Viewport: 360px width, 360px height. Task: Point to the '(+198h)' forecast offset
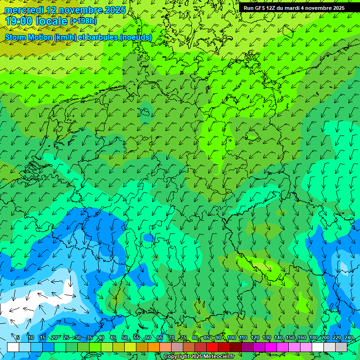[x=83, y=21]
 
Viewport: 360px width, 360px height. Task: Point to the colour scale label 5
[x=17, y=338]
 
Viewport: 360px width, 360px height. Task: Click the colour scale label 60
[x=148, y=338]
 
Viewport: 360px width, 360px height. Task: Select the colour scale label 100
[x=231, y=338]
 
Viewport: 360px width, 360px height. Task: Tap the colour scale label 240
[x=348, y=338]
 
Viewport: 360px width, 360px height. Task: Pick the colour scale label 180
[x=313, y=338]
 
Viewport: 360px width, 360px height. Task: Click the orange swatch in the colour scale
[x=154, y=347]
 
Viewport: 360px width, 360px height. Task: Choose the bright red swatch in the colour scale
[x=212, y=347]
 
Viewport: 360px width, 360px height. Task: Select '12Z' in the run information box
[x=271, y=8]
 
